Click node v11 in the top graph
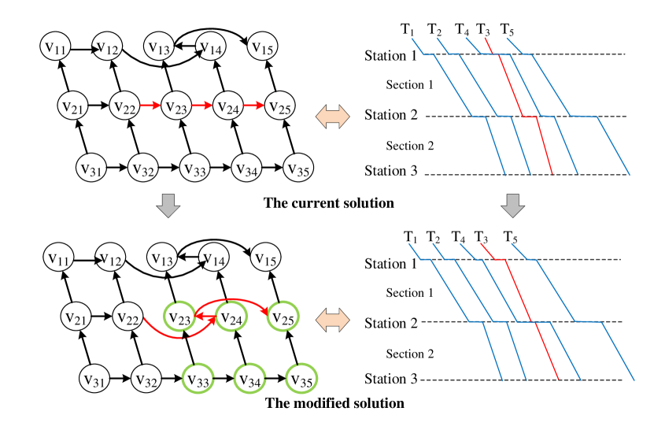55,47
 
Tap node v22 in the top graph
125,106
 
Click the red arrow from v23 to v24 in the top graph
202,106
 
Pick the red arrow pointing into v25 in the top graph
253,106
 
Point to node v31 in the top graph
91,168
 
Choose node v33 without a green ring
195,168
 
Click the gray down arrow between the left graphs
168,206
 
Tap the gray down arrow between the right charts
512,206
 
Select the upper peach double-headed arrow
332,117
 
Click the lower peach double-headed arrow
332,321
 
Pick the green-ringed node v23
179,317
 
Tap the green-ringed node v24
231,317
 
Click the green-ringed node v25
283,317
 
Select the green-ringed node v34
249,380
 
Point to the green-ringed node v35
301,380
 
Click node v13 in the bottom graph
162,258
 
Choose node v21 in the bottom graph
76,317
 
